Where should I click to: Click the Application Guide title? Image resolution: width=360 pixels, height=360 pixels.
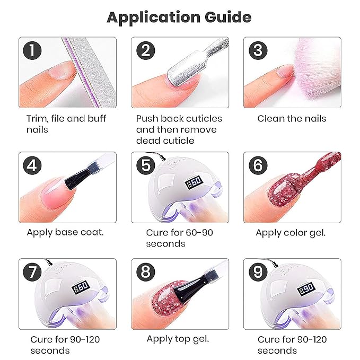[x=179, y=17]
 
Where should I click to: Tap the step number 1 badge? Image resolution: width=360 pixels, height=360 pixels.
[x=32, y=50]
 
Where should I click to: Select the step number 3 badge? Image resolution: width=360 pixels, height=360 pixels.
[x=258, y=50]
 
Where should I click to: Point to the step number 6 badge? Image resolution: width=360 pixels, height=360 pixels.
[x=258, y=165]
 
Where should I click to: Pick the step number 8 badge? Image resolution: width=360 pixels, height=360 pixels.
[x=146, y=272]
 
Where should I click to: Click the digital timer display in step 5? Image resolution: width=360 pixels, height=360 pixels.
[x=194, y=182]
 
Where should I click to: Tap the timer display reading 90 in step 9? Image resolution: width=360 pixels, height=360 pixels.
[x=306, y=288]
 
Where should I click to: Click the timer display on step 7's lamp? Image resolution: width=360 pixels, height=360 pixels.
[x=81, y=287]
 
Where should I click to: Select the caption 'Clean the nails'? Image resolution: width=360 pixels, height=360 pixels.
[x=292, y=119]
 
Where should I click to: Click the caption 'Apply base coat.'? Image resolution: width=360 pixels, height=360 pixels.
[x=65, y=233]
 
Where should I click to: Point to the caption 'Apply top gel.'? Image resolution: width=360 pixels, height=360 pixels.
[x=178, y=339]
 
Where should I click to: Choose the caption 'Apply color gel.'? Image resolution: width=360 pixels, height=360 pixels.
[x=291, y=233]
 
